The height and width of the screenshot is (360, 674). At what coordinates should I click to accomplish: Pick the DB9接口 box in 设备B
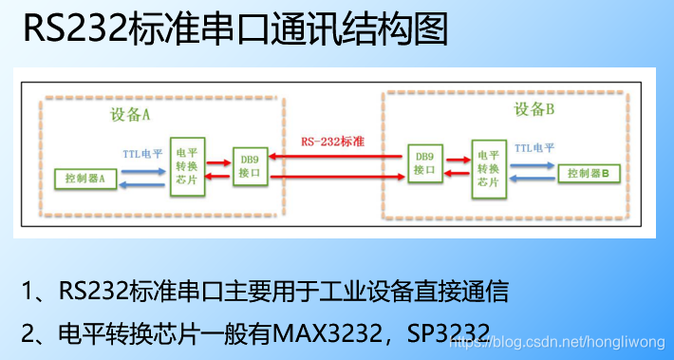[x=423, y=164]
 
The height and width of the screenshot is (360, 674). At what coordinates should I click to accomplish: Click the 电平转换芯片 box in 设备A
[x=188, y=166]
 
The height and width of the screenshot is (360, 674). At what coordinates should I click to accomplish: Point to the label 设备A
[x=130, y=116]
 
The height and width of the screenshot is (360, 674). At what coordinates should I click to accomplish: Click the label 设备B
[x=534, y=108]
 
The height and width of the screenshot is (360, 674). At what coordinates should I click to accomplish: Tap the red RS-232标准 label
[x=336, y=142]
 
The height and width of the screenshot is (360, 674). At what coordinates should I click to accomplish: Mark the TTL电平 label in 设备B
[x=536, y=148]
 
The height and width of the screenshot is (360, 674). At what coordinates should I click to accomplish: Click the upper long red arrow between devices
[x=336, y=156]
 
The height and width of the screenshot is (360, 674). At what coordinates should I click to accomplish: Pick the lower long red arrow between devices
[x=336, y=175]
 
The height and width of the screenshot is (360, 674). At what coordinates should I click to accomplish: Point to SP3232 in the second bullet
[x=445, y=333]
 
